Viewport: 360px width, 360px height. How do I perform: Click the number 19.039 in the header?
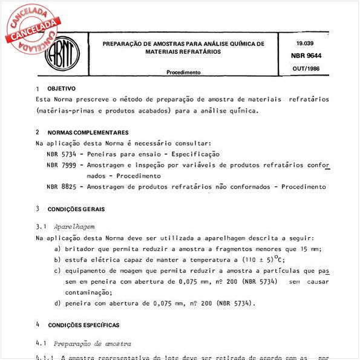click(x=305, y=44)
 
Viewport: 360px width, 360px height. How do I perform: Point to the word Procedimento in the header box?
click(x=183, y=72)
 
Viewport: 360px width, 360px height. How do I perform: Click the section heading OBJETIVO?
click(x=61, y=88)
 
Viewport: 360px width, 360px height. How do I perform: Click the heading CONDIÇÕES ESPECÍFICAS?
click(x=83, y=325)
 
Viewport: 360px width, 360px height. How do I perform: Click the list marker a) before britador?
click(x=57, y=249)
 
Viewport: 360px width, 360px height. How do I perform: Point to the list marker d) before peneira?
click(x=57, y=303)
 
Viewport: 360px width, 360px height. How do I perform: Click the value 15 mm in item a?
click(x=312, y=249)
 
